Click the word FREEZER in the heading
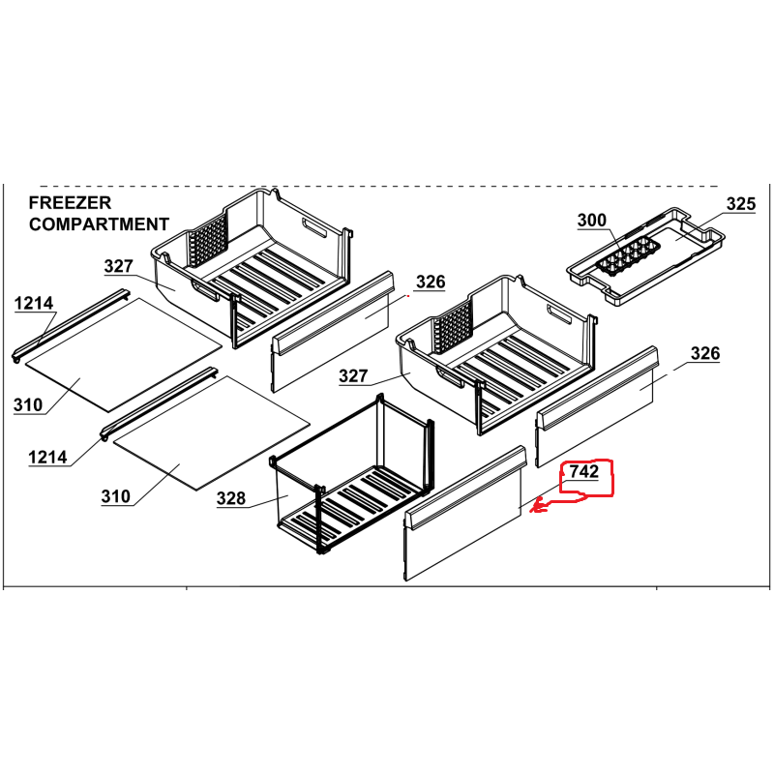[70, 203]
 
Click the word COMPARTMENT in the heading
[99, 224]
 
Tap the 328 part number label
[230, 499]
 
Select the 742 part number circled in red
[584, 472]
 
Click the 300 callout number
[592, 222]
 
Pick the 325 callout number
[740, 204]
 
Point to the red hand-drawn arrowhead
[539, 505]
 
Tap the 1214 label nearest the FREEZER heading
[34, 305]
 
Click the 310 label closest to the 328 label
[116, 497]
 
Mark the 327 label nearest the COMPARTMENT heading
[119, 267]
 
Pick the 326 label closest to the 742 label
[704, 354]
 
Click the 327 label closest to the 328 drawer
[354, 376]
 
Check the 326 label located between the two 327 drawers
[431, 283]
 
